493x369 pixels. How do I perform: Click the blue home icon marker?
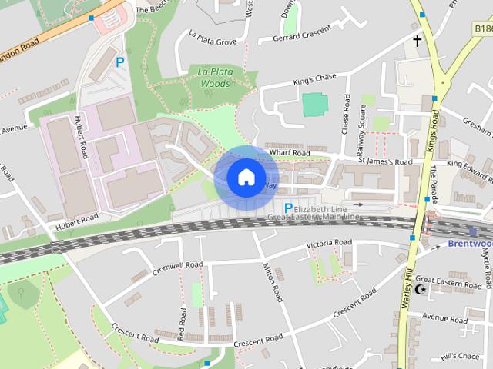[x=245, y=178]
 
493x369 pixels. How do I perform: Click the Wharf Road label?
[x=290, y=153]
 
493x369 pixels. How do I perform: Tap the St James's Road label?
[x=385, y=161]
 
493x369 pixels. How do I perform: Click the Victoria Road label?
[x=329, y=244]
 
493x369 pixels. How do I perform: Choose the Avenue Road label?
[x=444, y=317]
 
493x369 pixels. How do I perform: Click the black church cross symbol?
[x=418, y=41]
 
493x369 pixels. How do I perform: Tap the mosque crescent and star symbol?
[x=420, y=289]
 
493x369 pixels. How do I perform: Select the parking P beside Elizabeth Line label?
[x=288, y=208]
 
